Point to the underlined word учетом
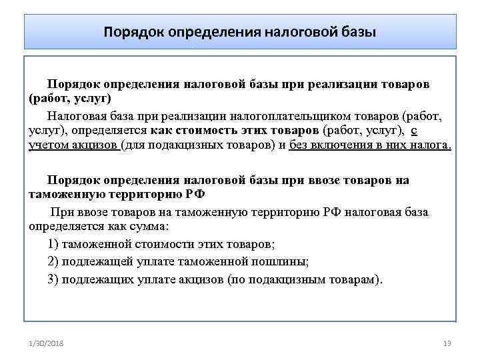[47, 145]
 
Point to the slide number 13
[447, 343]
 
